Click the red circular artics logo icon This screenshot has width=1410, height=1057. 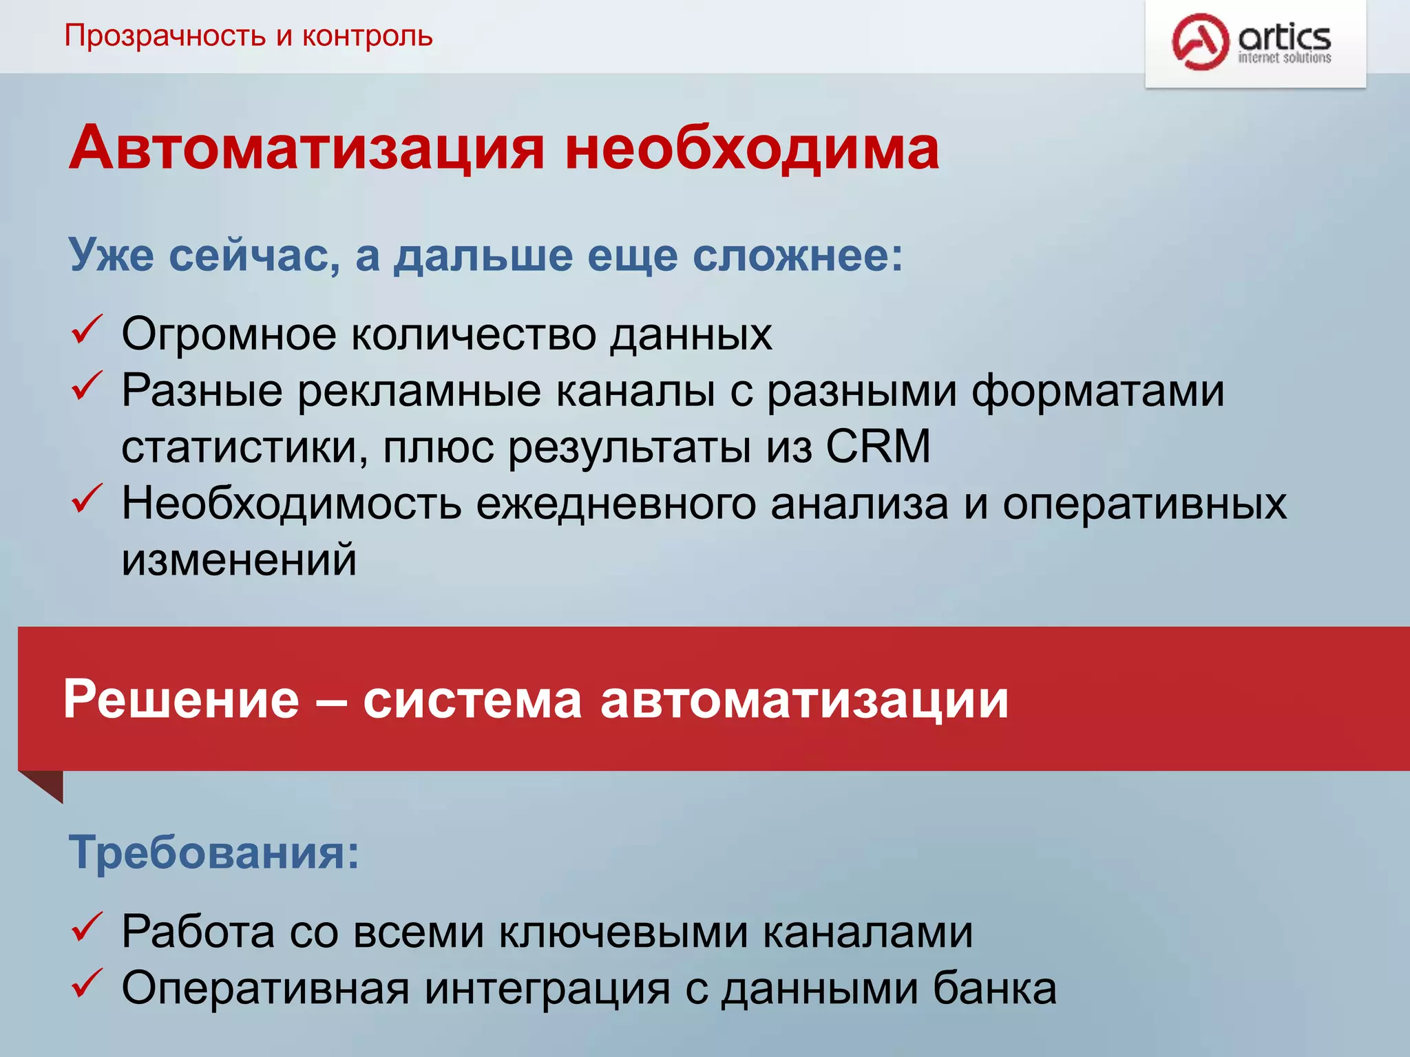[1200, 41]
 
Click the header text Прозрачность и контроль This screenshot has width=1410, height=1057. [248, 36]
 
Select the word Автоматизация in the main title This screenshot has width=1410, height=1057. [307, 148]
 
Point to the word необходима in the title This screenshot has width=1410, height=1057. [752, 148]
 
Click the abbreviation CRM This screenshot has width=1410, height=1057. [878, 447]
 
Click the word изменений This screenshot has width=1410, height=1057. [239, 559]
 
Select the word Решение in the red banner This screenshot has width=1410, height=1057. [182, 700]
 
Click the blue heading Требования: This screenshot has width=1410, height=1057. [213, 853]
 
